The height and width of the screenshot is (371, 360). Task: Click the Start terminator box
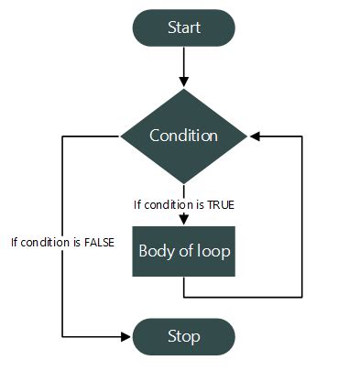tap(184, 27)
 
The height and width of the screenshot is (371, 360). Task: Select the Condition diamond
tap(184, 136)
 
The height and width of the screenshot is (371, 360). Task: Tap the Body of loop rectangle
tap(184, 250)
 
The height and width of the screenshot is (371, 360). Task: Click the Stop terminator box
tap(184, 335)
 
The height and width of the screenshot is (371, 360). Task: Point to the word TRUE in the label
tap(220, 204)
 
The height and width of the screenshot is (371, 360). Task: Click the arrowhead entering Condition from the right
tap(255, 136)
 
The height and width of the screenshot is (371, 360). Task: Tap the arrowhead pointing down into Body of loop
tap(184, 220)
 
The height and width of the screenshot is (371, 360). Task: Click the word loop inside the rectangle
tap(213, 250)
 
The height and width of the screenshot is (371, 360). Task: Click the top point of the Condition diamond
tap(184, 89)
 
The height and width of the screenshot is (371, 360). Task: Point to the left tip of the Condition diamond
tap(121, 136)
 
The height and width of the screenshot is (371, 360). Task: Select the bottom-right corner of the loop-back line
tap(302, 296)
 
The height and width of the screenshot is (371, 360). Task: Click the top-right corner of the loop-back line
tap(302, 136)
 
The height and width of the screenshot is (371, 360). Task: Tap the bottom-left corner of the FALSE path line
tap(61, 335)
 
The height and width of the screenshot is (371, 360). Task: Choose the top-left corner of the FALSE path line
tap(61, 136)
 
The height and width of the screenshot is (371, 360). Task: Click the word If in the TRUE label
tap(138, 204)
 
